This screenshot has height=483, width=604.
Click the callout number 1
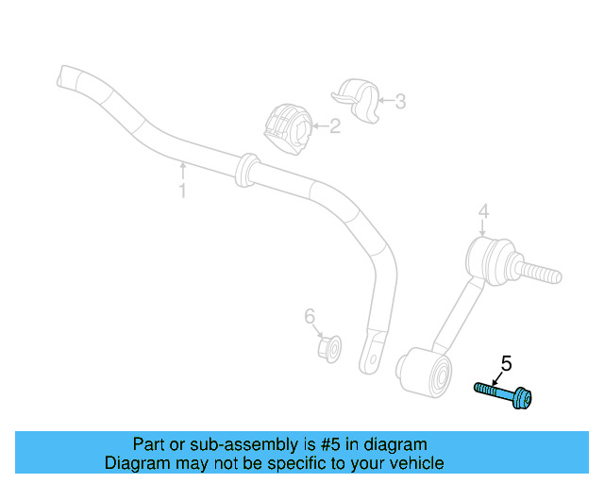(183, 192)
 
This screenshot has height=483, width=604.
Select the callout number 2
(334, 125)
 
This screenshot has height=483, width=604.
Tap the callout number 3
(400, 101)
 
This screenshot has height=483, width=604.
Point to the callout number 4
(482, 211)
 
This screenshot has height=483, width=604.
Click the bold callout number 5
(506, 362)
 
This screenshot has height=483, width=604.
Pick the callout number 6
(309, 317)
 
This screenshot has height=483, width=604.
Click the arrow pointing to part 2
(319, 125)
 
